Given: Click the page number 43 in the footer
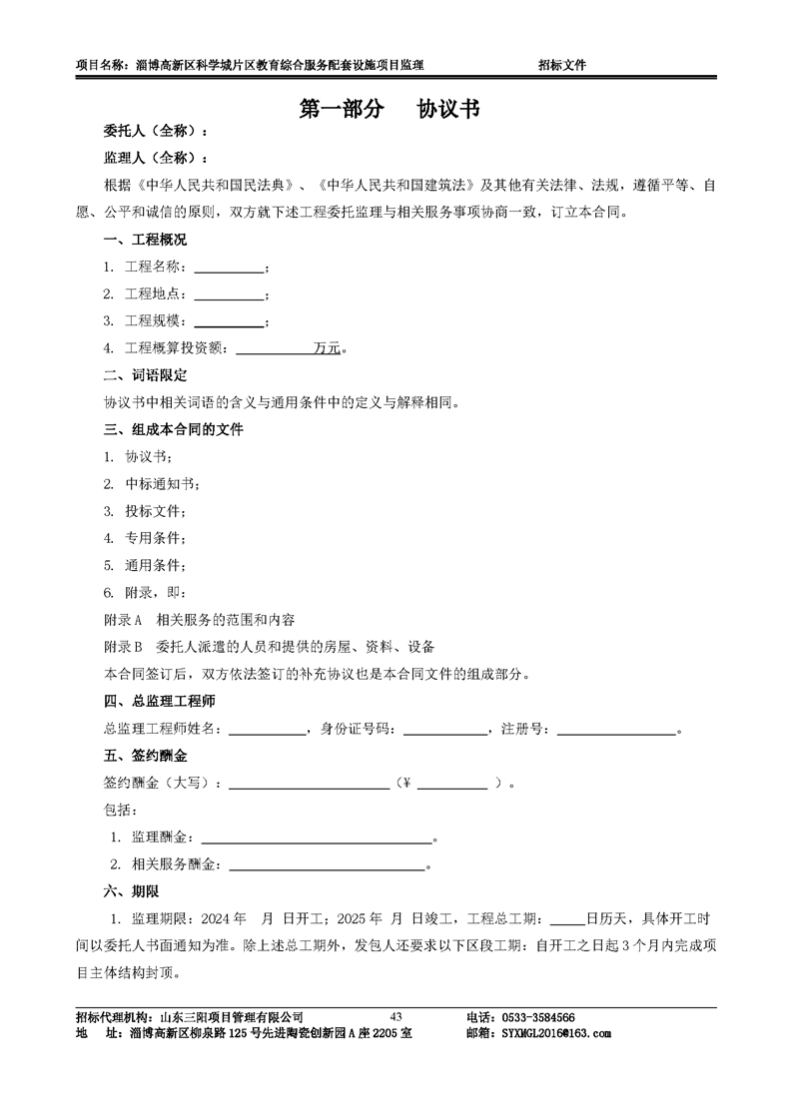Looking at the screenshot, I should (396, 1016).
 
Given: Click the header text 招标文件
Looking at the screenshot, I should (561, 65).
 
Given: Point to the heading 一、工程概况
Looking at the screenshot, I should (145, 240).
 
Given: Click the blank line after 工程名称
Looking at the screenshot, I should (229, 268).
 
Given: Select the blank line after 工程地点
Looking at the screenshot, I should (229, 294).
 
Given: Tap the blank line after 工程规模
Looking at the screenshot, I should (229, 321).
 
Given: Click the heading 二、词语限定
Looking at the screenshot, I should (145, 375).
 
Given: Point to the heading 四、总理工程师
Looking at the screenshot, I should (160, 702).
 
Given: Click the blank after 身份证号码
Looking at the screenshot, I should (444, 730).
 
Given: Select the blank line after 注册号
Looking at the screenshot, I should (616, 730).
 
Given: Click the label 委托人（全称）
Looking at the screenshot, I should (156, 132).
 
